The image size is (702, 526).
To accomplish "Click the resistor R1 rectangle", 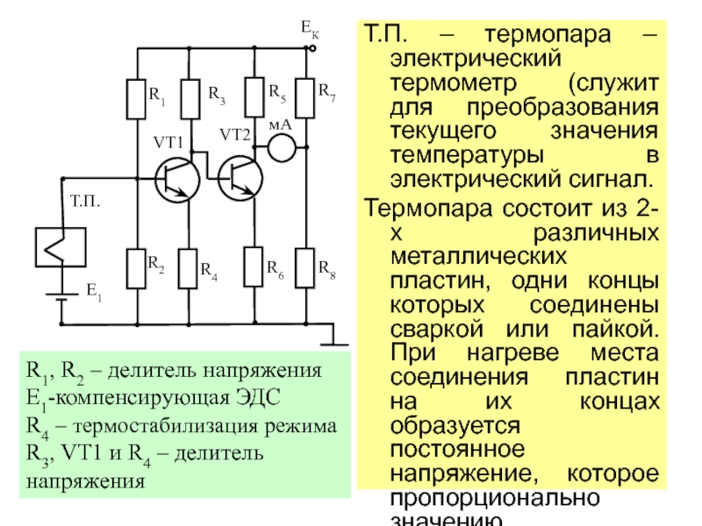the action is (136, 99).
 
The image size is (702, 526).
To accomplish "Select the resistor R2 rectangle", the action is (136, 268).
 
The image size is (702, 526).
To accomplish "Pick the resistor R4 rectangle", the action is (190, 268).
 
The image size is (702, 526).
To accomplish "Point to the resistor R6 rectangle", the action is (254, 268).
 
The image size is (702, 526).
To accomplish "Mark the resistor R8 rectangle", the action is (305, 268).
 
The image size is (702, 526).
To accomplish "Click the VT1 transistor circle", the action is (176, 179).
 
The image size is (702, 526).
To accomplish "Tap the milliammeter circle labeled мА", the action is (281, 147).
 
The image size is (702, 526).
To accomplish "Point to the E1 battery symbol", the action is (61, 293).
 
